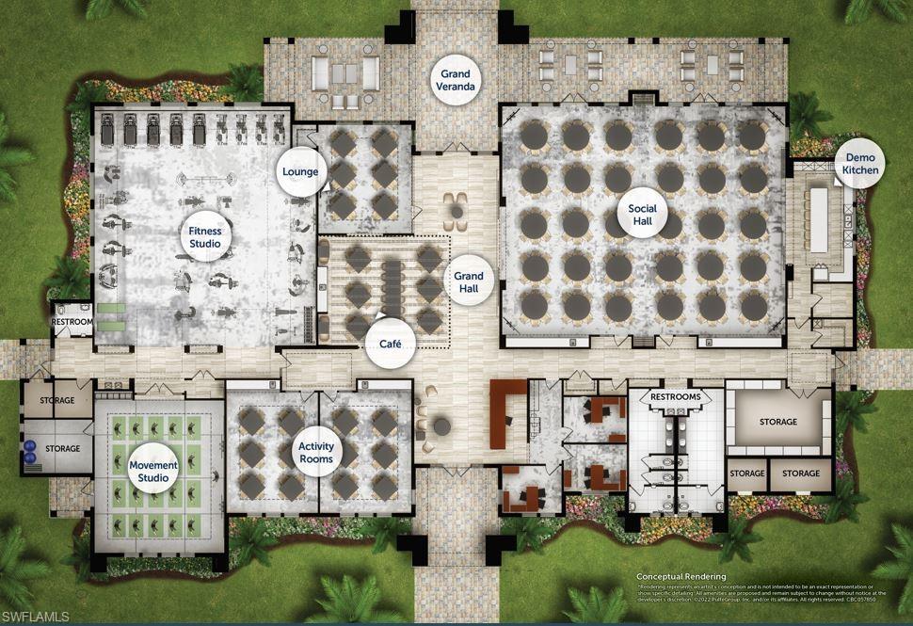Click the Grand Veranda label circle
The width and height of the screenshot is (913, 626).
point(457,79)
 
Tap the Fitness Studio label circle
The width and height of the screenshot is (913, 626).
point(204,236)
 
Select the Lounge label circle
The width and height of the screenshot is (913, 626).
point(300,172)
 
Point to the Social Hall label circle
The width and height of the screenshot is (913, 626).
point(643,215)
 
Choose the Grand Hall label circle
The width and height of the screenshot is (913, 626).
point(469,282)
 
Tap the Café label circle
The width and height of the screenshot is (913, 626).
point(391,344)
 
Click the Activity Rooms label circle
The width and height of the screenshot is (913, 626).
point(315,452)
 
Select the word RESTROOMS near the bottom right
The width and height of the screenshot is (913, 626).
point(676,397)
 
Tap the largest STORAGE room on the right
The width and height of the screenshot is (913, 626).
point(777,422)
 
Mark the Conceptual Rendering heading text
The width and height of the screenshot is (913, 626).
point(681,576)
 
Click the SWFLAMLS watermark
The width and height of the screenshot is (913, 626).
point(35,616)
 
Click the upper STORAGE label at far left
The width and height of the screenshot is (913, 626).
point(56,401)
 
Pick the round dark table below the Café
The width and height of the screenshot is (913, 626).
point(442,426)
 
